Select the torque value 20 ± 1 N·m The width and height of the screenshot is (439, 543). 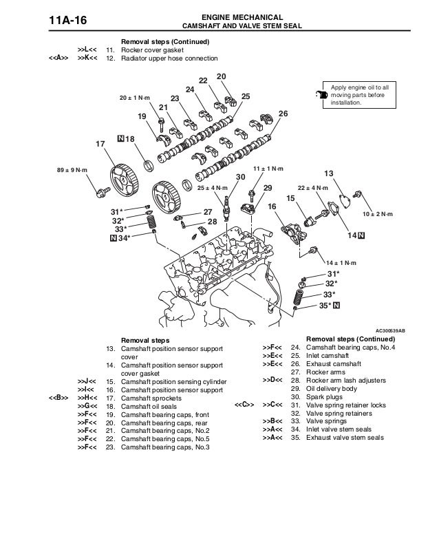pos(136,97)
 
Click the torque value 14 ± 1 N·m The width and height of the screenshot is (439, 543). pos(341,264)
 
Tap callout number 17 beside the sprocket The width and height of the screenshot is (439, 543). pos(100,144)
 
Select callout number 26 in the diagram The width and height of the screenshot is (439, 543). pos(283,114)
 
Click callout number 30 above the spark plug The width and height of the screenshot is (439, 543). pos(240,177)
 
